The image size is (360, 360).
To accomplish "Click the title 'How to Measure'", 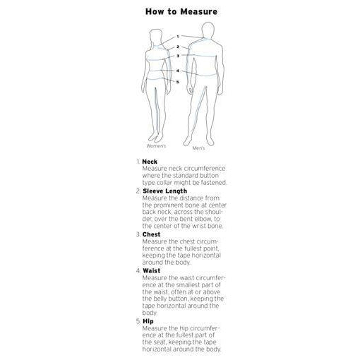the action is click(x=181, y=11).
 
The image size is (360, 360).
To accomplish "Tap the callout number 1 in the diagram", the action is click(x=178, y=37).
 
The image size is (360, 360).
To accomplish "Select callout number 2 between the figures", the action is click(x=178, y=47).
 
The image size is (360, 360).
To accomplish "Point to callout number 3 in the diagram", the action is click(x=178, y=56).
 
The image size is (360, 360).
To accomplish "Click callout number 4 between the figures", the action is click(x=178, y=71).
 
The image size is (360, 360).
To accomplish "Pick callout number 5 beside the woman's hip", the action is click(x=178, y=82).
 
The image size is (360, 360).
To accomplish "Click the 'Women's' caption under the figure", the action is click(x=156, y=146).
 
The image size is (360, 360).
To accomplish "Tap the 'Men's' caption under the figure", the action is click(x=198, y=148).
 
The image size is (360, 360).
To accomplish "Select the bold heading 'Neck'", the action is click(x=150, y=162).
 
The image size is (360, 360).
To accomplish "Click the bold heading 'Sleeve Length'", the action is click(x=164, y=191).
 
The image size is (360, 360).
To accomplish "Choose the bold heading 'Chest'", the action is click(x=151, y=234).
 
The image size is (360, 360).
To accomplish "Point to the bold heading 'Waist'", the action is click(x=151, y=270).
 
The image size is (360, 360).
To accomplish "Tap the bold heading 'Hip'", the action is click(x=148, y=321).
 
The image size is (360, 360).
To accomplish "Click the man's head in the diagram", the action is click(x=208, y=30).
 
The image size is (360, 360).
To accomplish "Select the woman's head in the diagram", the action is click(x=156, y=37).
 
